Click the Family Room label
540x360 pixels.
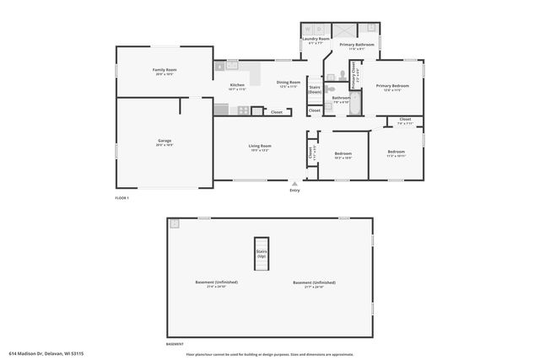(164, 72)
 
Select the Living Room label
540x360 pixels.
(259, 148)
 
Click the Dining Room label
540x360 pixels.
(288, 83)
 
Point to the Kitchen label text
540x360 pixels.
(238, 86)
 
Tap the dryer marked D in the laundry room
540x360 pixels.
(320, 29)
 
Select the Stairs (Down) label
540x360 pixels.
(315, 89)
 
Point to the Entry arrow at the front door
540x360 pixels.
(294, 183)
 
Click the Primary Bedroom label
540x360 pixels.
(392, 87)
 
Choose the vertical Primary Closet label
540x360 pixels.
(354, 73)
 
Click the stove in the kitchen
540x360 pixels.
(243, 110)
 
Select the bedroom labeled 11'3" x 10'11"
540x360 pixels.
(396, 153)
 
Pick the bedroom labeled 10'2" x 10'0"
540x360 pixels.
(343, 155)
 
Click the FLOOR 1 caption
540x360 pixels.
(124, 197)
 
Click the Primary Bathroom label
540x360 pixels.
(357, 46)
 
